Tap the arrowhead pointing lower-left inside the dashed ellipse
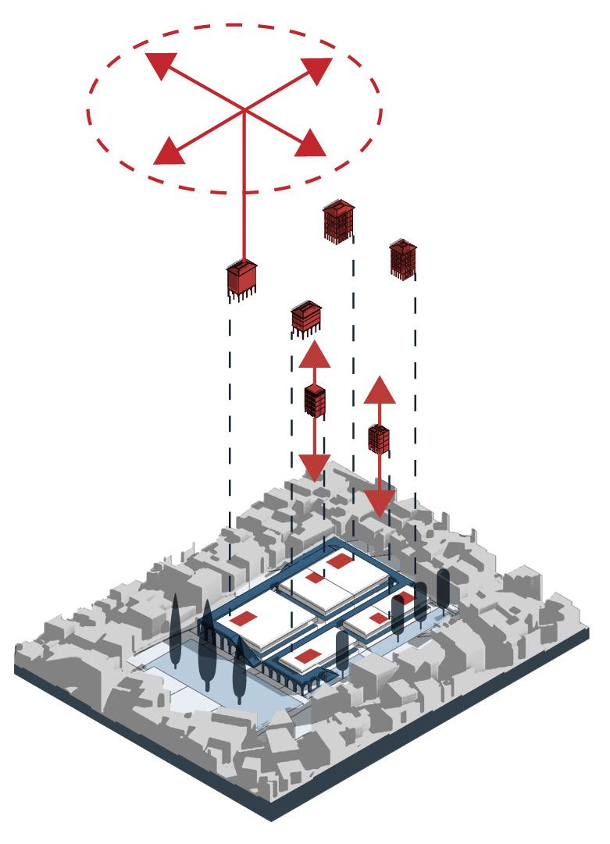click(x=169, y=151)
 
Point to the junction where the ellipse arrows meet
click(x=244, y=109)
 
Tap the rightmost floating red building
click(x=403, y=258)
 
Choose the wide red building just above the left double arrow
click(x=305, y=317)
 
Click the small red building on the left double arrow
click(x=315, y=400)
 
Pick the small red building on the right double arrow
click(x=379, y=438)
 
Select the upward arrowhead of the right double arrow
click(x=380, y=390)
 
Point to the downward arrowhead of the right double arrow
click(x=379, y=504)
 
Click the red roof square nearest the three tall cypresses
click(x=244, y=618)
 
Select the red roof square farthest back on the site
click(x=340, y=561)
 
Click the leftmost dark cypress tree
click(x=175, y=632)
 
